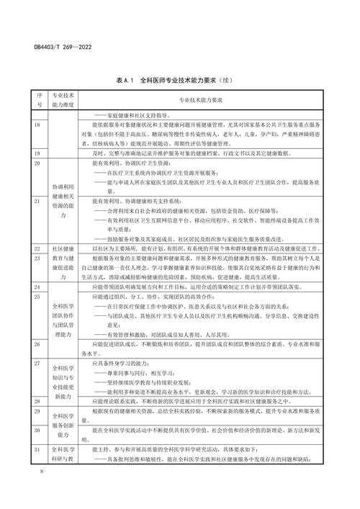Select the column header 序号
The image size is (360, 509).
pos(19,99)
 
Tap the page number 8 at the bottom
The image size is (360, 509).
pos(22,492)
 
